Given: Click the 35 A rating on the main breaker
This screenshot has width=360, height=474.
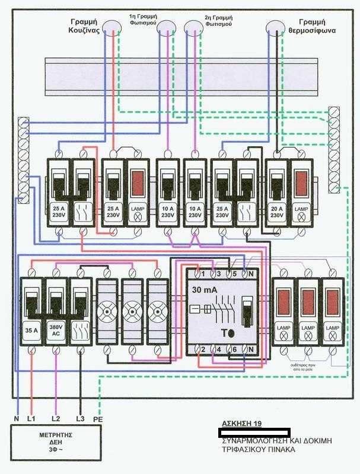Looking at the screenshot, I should [x=31, y=328].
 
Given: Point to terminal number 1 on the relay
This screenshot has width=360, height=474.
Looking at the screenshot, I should [x=203, y=274].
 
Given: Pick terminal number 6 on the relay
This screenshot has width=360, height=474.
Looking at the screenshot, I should [x=235, y=350].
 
